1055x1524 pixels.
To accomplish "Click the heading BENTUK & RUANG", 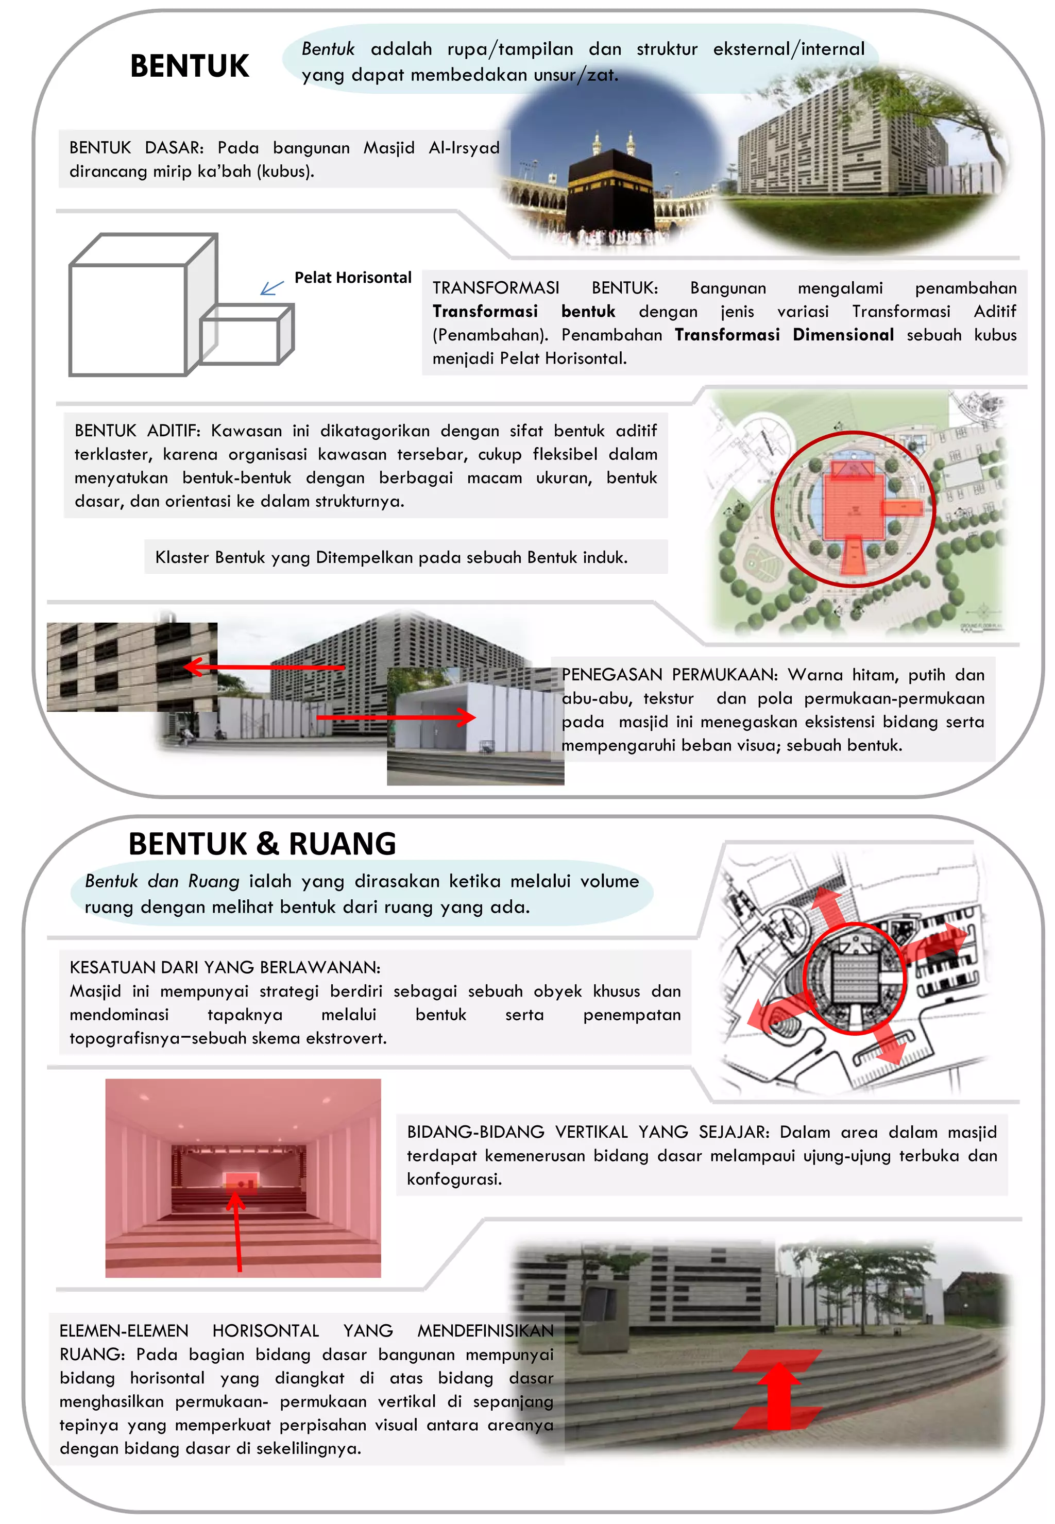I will pos(262,844).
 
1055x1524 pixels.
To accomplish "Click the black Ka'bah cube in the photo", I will pos(609,192).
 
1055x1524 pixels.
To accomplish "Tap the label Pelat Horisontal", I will pos(352,278).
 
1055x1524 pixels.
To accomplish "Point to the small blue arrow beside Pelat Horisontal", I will pos(271,288).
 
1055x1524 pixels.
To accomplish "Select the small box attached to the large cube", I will pos(246,336).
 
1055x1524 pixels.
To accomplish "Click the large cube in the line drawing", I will pos(129,317).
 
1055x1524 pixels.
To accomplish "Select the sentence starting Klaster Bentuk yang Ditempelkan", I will pos(392,558).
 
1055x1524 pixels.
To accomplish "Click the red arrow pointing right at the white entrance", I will pos(397,717).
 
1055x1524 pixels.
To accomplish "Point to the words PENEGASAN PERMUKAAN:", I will pos(669,675).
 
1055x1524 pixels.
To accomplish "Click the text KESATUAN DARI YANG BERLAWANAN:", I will pos(225,968).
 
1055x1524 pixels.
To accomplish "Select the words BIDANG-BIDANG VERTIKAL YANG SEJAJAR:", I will pos(588,1132).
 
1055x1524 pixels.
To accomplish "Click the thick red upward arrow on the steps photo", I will pos(780,1394).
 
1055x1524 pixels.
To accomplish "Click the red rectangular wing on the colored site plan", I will pos(903,507).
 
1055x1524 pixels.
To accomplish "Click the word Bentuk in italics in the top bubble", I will pos(328,49).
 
